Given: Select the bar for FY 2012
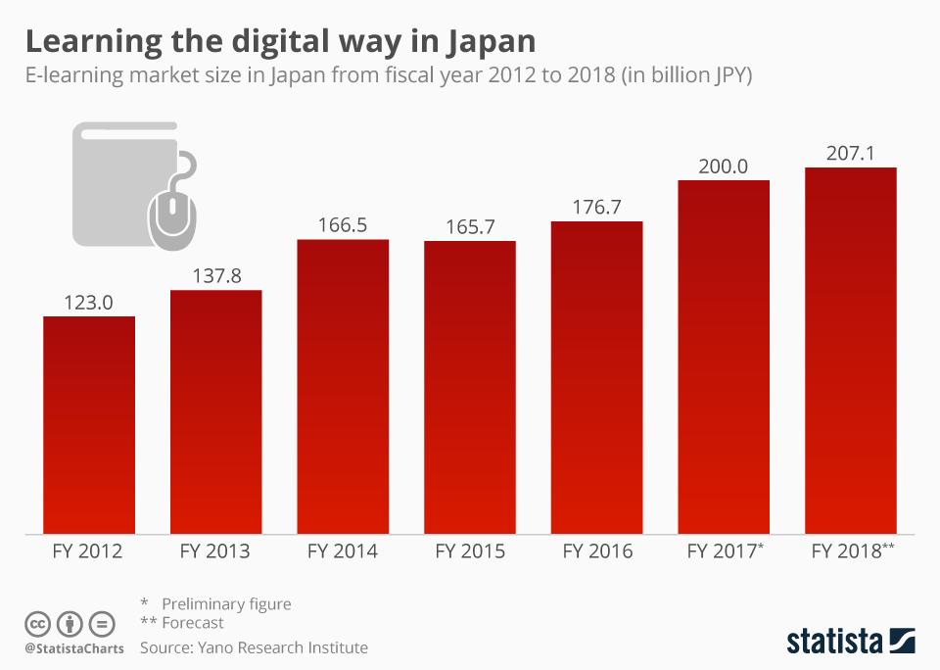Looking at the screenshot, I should pos(89,425).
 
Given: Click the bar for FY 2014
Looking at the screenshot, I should pos(343,387).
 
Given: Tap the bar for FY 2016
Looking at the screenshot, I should pos(597,378).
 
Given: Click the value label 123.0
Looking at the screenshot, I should pos(89,303).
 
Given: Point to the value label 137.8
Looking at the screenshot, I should pos(216,276).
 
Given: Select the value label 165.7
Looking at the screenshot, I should pos(470,226).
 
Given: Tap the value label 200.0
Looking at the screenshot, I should pos(724,167).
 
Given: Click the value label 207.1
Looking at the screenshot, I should pos(850,154).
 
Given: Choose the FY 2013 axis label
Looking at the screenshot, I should pos(215,551).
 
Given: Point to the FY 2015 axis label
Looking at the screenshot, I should pos(470,551).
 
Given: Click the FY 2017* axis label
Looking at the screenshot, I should pos(725,551).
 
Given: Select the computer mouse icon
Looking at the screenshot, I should pos(172,208).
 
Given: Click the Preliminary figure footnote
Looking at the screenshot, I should pos(226,603).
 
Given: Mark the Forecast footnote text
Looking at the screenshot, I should pos(193,623).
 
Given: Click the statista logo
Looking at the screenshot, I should pos(850,642).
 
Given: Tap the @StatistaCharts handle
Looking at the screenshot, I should pos(74,648).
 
